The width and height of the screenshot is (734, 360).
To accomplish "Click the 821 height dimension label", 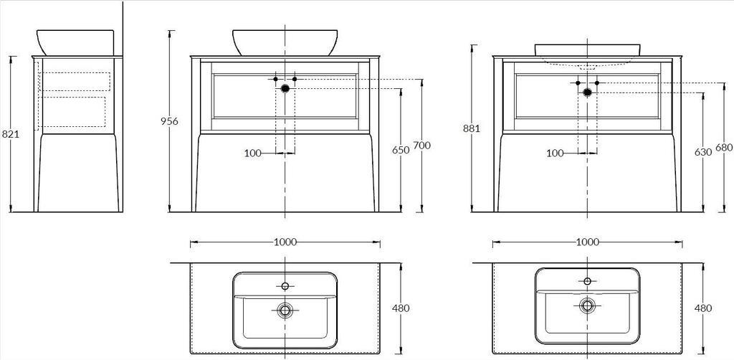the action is [10, 134].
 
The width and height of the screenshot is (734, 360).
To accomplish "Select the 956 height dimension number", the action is [169, 121].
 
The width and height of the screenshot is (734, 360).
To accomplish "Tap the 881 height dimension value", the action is [472, 128].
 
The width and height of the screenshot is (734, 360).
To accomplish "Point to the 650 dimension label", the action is [401, 150].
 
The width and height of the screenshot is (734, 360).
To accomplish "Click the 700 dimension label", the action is [421, 146].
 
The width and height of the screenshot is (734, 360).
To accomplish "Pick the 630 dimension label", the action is [703, 152].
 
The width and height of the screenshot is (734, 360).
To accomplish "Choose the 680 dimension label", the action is [724, 148].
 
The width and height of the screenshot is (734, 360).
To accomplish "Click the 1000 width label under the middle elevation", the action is [285, 242].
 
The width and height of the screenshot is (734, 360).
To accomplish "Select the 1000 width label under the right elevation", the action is [588, 242].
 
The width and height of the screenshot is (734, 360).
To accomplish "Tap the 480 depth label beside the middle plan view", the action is [401, 308].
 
